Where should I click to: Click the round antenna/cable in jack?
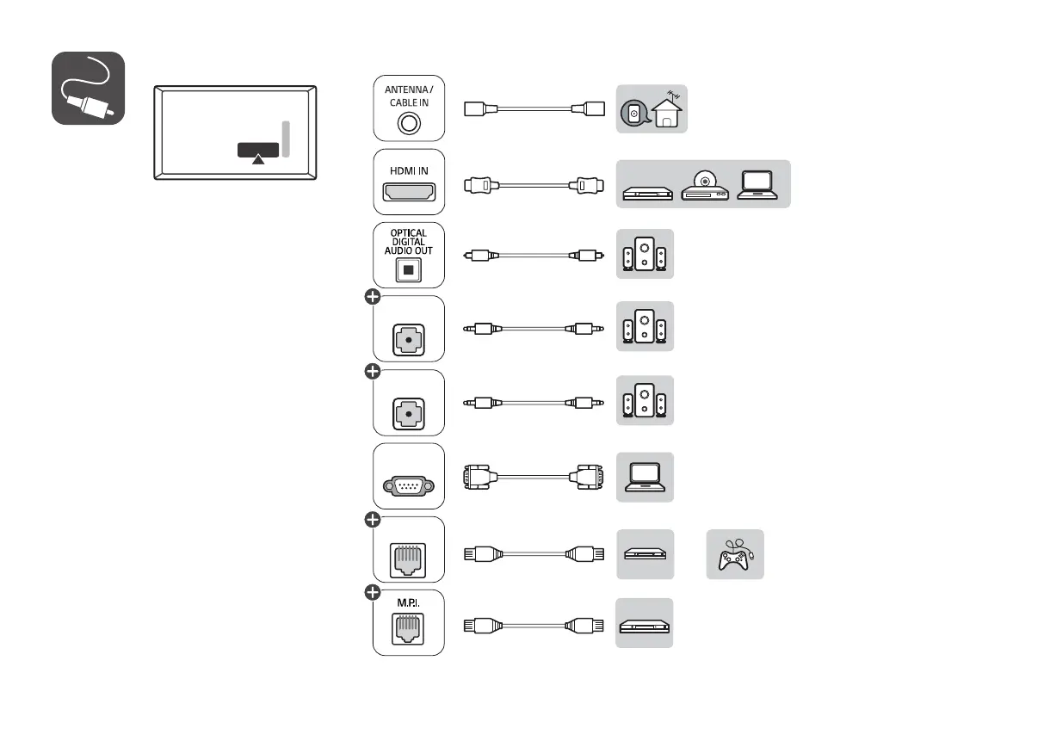[x=409, y=124]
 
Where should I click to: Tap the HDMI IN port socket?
[x=409, y=192]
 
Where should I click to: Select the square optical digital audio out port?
[x=408, y=270]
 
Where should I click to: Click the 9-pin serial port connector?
[x=409, y=486]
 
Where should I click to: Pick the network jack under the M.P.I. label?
[x=408, y=629]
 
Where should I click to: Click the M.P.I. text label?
[x=408, y=602]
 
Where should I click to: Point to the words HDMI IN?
[x=409, y=171]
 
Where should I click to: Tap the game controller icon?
[x=736, y=555]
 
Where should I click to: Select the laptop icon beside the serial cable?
[x=645, y=477]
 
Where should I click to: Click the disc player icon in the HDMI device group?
[x=705, y=186]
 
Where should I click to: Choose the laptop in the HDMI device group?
[x=757, y=185]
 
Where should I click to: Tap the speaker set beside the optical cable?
[x=645, y=254]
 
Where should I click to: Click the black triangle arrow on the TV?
[x=258, y=160]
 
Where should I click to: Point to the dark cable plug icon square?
[x=88, y=88]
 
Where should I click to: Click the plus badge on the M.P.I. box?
[x=373, y=593]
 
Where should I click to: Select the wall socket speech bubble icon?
[x=635, y=114]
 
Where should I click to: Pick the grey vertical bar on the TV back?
[x=286, y=139]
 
